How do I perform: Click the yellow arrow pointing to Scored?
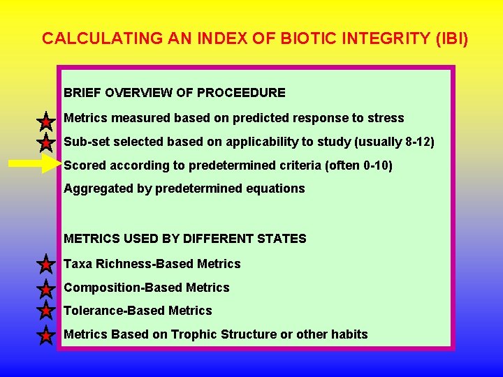coord(35,165)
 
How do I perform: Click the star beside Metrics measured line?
coord(45,122)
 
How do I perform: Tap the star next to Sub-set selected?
coord(45,144)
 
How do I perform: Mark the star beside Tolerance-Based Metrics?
coord(45,311)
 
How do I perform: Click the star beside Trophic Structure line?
coord(45,336)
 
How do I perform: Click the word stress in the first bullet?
coord(386,118)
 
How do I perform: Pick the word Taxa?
coord(77,264)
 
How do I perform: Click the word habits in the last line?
coord(348,334)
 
